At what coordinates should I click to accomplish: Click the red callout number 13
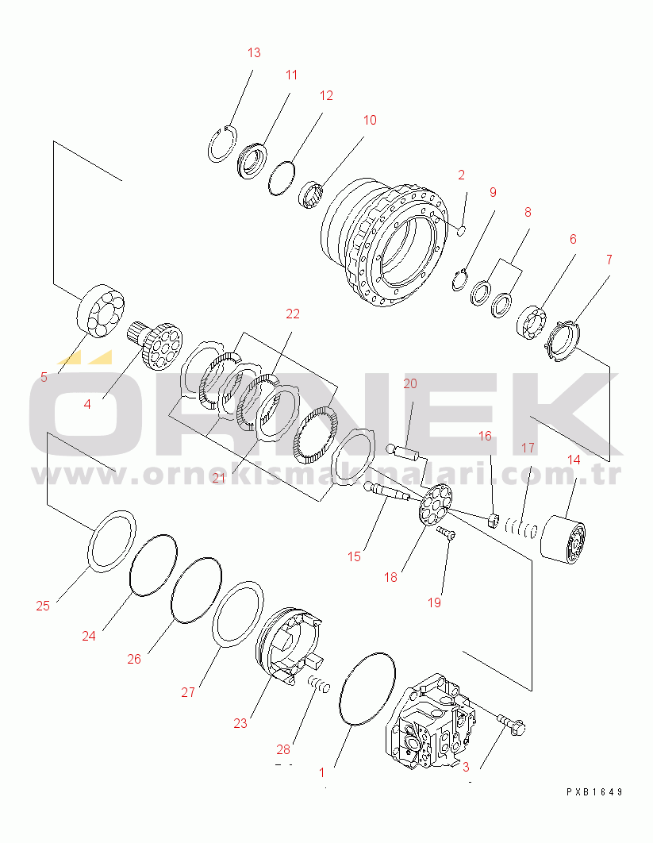254,52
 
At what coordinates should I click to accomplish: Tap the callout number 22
292,314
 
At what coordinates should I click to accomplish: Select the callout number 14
574,460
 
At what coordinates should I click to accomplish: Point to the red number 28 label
283,749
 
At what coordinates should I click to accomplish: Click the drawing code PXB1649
594,792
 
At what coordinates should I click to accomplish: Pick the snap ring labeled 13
222,144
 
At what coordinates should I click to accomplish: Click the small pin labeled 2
461,231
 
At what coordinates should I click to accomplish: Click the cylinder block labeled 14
563,540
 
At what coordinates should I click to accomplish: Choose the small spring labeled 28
319,684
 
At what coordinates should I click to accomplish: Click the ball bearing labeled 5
101,310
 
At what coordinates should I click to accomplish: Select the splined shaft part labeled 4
155,345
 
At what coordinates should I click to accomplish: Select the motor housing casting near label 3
432,721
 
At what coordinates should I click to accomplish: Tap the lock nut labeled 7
563,341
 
